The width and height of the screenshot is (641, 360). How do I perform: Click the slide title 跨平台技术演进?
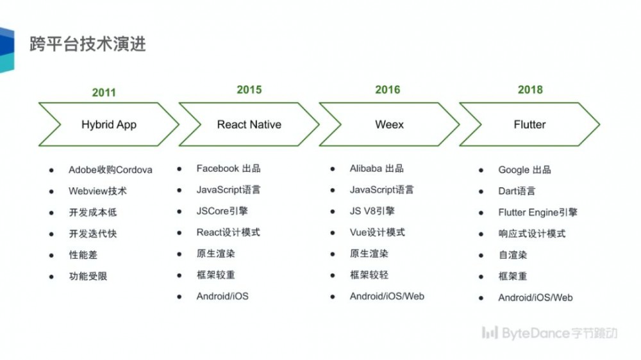point(87,44)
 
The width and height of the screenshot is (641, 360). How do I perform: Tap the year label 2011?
point(104,92)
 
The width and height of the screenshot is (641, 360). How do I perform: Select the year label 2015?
point(249,90)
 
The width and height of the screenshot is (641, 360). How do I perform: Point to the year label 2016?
point(388,90)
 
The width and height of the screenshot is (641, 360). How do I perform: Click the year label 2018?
point(530,90)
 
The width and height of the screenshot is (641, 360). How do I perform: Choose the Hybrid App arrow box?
point(108,124)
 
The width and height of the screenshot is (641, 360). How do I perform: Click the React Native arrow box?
point(249,124)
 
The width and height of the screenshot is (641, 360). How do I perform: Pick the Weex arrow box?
point(389,124)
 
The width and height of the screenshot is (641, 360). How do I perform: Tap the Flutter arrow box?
point(529,124)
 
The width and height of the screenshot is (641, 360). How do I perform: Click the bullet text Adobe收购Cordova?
point(110,170)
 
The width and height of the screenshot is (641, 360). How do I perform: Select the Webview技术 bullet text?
point(97,191)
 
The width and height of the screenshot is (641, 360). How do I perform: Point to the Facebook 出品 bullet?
point(228,168)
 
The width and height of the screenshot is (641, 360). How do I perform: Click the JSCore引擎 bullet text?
point(222,211)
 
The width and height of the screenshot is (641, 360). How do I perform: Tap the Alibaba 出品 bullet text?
point(376,168)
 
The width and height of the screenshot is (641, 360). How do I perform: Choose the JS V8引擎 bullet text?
point(372,211)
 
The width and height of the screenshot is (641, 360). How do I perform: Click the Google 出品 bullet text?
point(524,170)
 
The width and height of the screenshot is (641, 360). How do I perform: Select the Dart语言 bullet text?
point(517,191)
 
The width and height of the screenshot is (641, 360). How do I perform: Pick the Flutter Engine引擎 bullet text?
point(537,212)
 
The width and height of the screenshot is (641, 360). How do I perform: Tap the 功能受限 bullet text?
point(88,276)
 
